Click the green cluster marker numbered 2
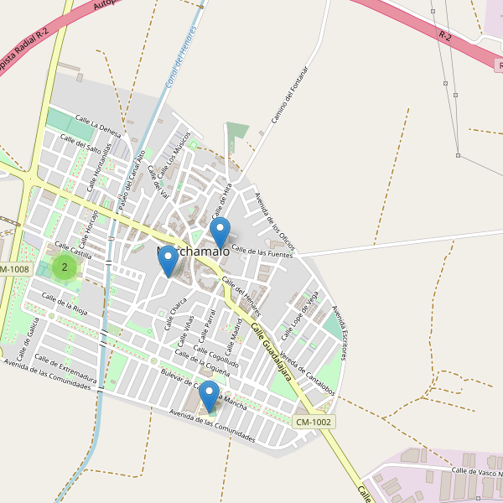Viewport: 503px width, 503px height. [65, 267]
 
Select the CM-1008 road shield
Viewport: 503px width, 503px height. [14, 269]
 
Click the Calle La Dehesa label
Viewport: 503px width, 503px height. [98, 125]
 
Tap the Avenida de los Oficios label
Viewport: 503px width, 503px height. [274, 221]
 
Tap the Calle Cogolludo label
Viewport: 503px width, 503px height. [217, 355]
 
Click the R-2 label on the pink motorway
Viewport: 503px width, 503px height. [444, 34]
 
